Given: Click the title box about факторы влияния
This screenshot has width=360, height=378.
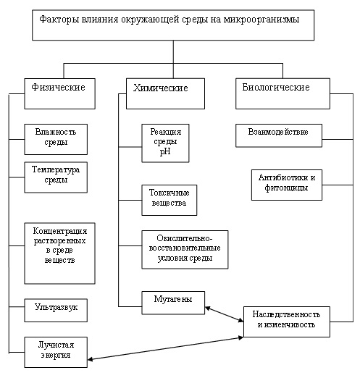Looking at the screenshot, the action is click(x=173, y=25).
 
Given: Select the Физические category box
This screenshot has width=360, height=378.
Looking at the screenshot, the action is click(x=59, y=93).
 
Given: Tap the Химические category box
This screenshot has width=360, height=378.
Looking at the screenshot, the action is click(x=165, y=93).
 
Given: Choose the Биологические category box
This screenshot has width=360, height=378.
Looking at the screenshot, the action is click(x=282, y=93).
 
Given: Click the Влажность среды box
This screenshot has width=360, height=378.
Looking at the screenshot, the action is click(x=56, y=139).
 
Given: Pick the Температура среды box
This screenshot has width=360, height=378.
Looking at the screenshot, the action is click(x=56, y=177).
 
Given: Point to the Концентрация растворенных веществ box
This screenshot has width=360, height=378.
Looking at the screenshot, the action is click(x=59, y=253).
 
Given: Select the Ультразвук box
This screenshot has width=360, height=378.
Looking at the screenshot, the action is click(x=56, y=310).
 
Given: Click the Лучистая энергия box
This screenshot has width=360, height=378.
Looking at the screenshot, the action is click(x=56, y=352).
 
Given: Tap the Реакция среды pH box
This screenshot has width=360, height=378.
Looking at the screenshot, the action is click(x=165, y=143).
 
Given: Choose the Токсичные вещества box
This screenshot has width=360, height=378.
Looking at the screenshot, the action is click(x=169, y=200).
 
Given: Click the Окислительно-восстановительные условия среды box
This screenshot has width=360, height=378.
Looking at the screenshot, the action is click(x=185, y=250).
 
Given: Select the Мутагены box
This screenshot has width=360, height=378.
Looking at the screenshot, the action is click(x=173, y=303).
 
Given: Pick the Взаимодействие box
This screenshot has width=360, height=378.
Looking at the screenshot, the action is click(x=279, y=135).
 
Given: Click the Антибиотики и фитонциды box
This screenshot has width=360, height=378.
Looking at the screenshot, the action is click(x=287, y=185).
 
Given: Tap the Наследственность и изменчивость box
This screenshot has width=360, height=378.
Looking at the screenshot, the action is click(x=287, y=322).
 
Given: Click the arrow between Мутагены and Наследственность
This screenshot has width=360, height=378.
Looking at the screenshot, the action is click(x=224, y=314).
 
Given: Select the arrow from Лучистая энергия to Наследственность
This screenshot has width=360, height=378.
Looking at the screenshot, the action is click(x=165, y=348).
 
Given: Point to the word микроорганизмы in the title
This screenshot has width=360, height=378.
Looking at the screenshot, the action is click(x=261, y=20).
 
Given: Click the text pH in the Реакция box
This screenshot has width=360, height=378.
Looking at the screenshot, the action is click(x=165, y=152).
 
